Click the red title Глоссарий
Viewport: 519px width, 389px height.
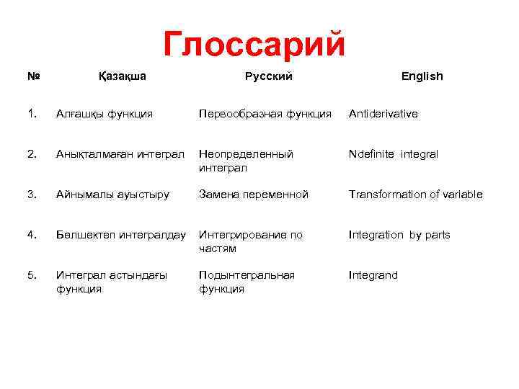pos(254,44)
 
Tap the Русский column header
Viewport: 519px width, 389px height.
pos(268,76)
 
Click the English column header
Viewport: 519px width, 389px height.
pos(422,76)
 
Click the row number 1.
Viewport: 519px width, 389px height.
pos(31,114)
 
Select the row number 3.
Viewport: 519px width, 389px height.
pos(31,194)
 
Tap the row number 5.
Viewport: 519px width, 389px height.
pos(31,275)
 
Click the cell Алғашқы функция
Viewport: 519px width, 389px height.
pos(104,114)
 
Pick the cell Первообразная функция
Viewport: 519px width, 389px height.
pos(265,114)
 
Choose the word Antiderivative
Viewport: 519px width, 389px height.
pos(383,114)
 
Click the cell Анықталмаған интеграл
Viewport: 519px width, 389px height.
pos(120,154)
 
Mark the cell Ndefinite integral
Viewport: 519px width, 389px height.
pos(393,154)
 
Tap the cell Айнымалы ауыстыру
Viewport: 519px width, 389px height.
pos(112,194)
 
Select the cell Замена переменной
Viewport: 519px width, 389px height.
pos(254,194)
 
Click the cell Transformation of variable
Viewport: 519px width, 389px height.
pos(416,194)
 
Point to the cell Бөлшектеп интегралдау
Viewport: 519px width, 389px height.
pos(120,235)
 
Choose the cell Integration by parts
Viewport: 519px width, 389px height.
pos(399,235)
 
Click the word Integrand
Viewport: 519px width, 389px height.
pos(373,275)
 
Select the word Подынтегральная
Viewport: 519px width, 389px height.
pos(247,275)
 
